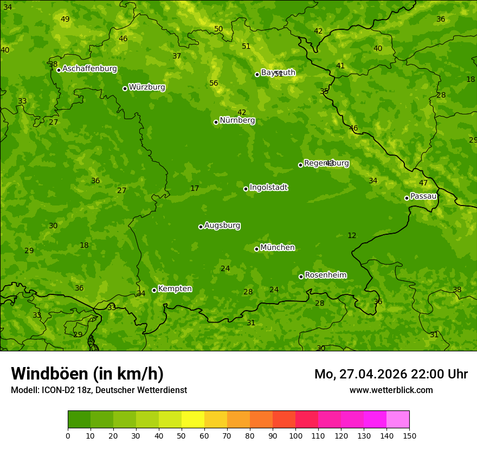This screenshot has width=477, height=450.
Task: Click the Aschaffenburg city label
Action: coord(89,69)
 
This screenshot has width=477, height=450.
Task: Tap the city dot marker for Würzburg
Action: coord(125,88)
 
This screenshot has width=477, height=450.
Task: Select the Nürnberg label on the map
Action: coord(237,120)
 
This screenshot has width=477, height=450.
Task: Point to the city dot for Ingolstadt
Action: coord(246,189)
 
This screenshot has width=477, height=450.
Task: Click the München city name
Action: coord(278,248)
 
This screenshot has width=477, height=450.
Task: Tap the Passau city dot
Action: coord(407,198)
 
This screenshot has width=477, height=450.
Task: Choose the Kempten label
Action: coord(175,289)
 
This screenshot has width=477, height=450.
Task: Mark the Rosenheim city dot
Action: coord(301,277)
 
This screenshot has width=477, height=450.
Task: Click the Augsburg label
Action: coord(222,226)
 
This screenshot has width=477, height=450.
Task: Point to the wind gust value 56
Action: coord(214,83)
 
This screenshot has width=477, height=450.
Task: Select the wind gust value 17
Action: coord(195,188)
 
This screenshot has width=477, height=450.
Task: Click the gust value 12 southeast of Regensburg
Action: coord(352,235)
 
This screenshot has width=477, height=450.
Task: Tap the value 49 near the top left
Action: coord(65,19)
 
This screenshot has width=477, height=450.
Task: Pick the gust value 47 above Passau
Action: coord(423,183)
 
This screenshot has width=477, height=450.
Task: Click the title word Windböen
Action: coord(50,374)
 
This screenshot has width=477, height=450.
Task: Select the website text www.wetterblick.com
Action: coord(391,390)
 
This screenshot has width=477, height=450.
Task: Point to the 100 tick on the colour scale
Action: coord(295,435)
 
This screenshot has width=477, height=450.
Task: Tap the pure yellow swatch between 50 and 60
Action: coord(193,420)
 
